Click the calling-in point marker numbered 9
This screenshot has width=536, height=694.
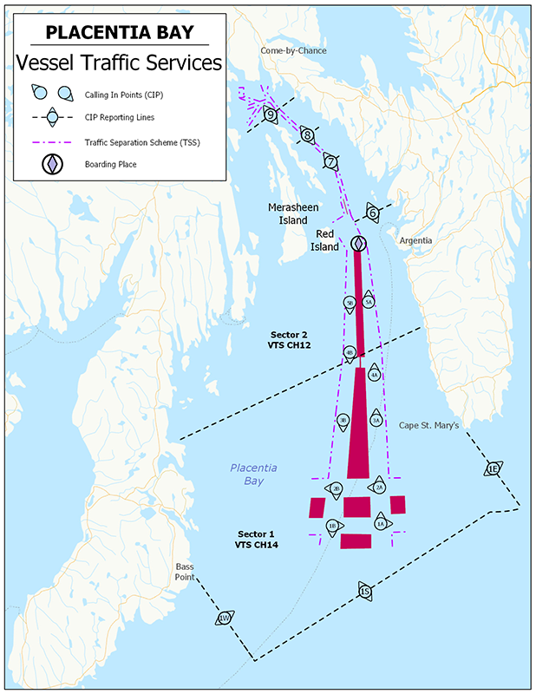271,115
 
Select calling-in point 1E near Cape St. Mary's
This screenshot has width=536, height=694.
493,468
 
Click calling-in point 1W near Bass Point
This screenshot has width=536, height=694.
225,619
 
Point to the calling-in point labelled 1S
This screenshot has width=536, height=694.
365,592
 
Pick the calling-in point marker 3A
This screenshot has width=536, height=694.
376,420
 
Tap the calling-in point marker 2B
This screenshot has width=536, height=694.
336,488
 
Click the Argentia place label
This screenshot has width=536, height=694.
415,240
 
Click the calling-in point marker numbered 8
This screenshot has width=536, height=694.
307,134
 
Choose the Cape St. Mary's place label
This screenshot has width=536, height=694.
428,425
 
